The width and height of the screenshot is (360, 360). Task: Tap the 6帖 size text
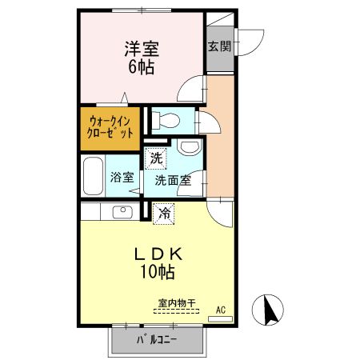141,66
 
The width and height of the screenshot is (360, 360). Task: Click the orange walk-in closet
110,128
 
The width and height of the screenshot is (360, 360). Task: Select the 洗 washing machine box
157,158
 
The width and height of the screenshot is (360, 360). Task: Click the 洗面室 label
174,181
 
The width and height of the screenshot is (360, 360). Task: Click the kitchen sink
123,212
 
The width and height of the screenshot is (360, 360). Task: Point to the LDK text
158,254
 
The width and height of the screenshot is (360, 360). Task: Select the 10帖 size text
158,274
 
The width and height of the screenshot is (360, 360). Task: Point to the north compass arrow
268,310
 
